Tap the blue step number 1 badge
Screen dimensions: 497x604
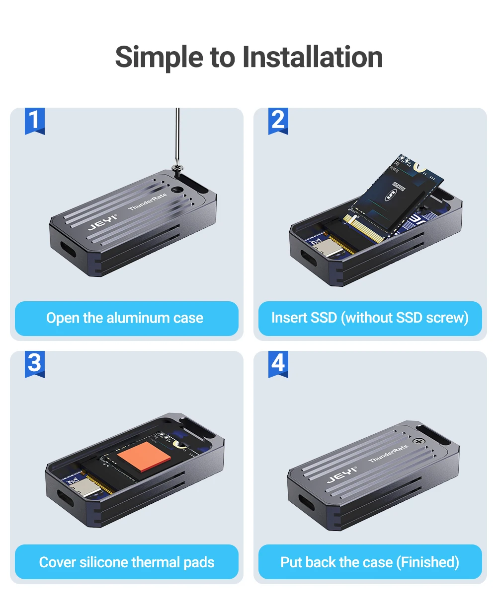point(35,121)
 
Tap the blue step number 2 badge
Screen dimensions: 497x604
point(278,121)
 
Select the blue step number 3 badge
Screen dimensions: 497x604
point(35,364)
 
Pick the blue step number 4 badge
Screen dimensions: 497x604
point(278,364)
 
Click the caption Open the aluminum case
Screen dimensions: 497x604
point(125,318)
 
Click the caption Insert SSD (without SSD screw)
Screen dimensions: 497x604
point(370,318)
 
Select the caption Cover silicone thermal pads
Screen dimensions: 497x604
point(127,562)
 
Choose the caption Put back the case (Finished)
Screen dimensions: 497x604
point(370,562)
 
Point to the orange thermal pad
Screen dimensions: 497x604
point(144,456)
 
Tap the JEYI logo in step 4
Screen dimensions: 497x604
point(341,475)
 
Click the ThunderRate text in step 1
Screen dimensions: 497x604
point(148,201)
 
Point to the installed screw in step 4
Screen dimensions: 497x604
point(418,441)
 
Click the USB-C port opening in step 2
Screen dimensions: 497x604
point(309,258)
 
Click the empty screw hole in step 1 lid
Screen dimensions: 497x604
point(176,190)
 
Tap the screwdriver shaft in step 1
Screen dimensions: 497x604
point(177,135)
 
